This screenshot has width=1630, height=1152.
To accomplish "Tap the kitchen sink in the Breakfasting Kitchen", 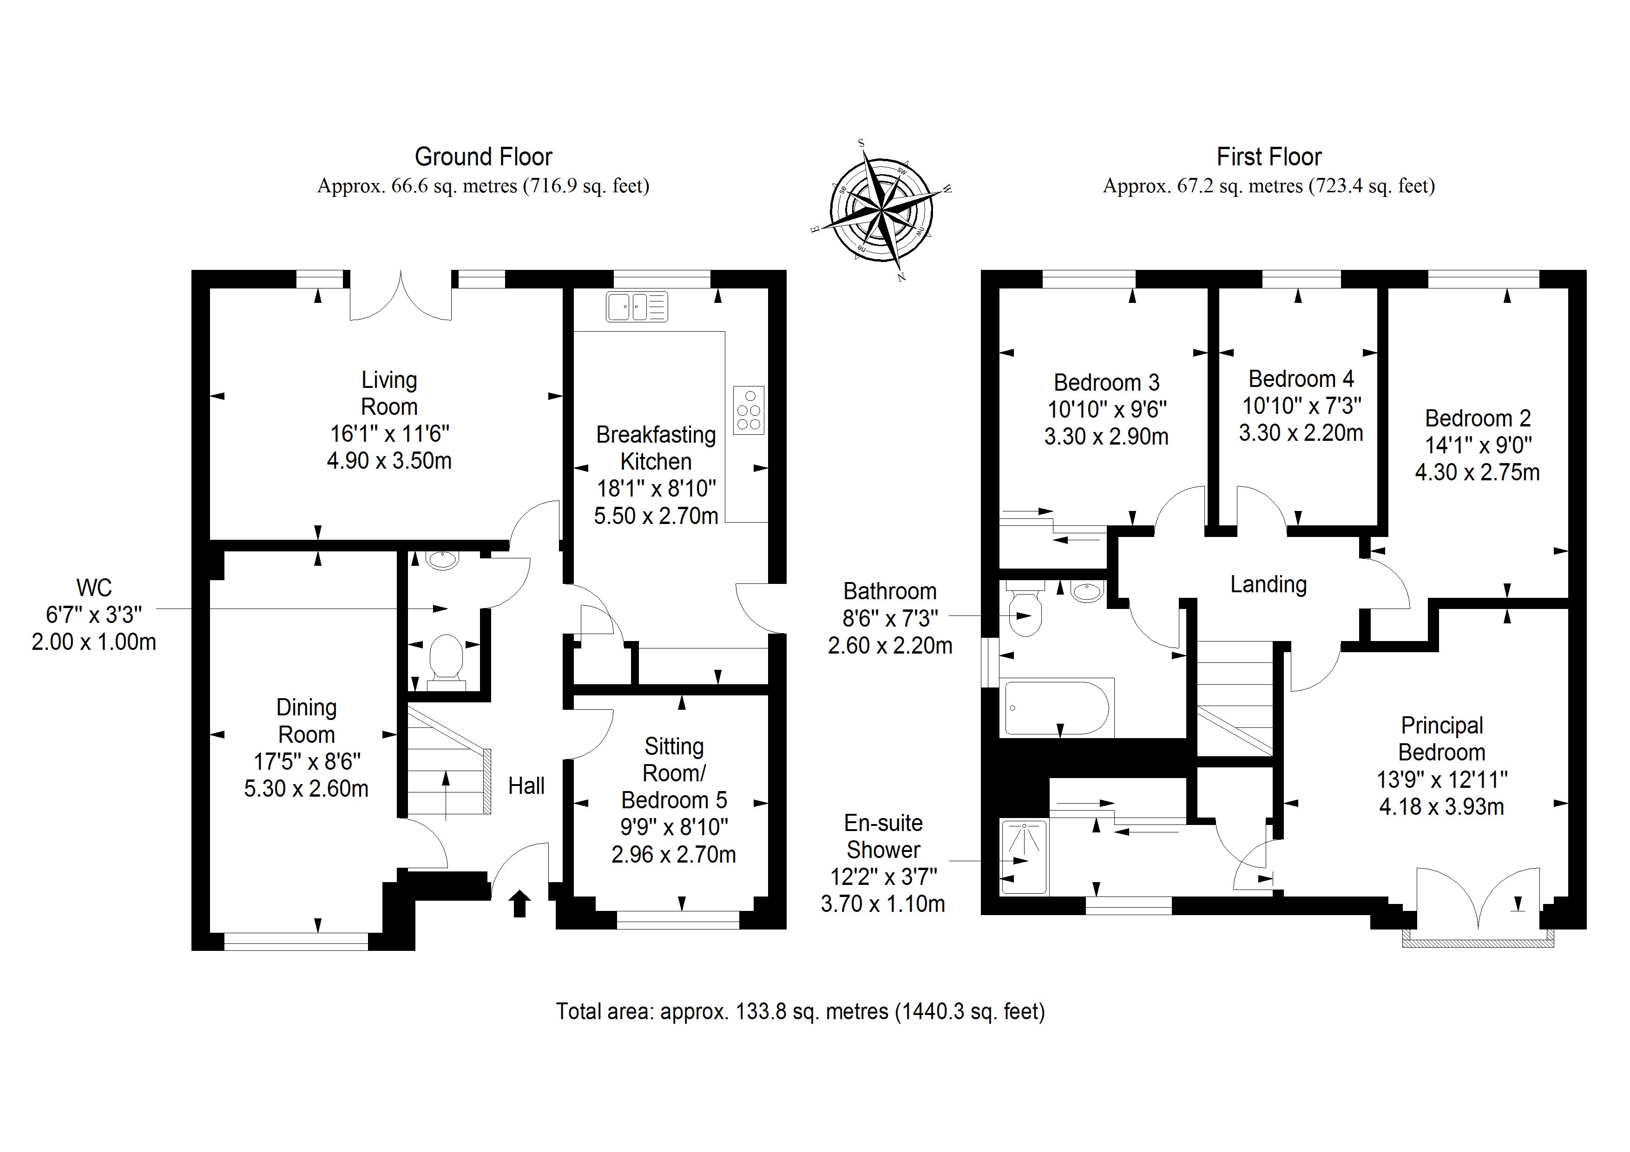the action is pyautogui.click(x=637, y=307).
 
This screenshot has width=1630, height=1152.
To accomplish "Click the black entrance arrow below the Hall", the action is pyautogui.click(x=519, y=903).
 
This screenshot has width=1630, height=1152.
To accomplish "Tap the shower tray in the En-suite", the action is pyautogui.click(x=1024, y=857).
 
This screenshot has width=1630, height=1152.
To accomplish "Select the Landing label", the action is pyautogui.click(x=1268, y=584).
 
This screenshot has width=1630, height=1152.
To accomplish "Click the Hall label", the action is pyautogui.click(x=526, y=786).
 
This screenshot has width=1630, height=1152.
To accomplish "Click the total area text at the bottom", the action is pyautogui.click(x=800, y=1011).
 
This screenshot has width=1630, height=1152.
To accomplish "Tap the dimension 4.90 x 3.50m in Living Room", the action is pyautogui.click(x=389, y=461).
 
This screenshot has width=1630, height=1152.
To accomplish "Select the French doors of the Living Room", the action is pyautogui.click(x=401, y=297).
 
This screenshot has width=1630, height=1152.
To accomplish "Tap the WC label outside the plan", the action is pyautogui.click(x=94, y=588).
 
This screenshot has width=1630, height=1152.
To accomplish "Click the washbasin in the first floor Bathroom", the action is pyautogui.click(x=1087, y=591).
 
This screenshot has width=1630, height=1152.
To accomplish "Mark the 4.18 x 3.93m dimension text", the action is pyautogui.click(x=1441, y=806).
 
